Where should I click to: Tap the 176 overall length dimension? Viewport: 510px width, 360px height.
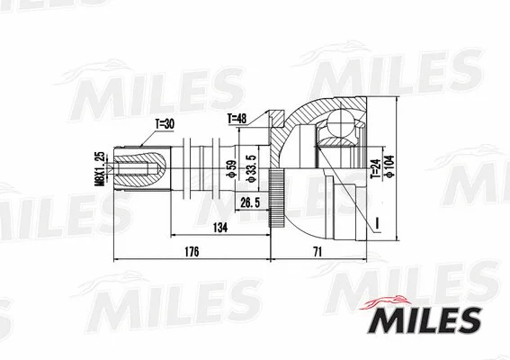click(x=192, y=254)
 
